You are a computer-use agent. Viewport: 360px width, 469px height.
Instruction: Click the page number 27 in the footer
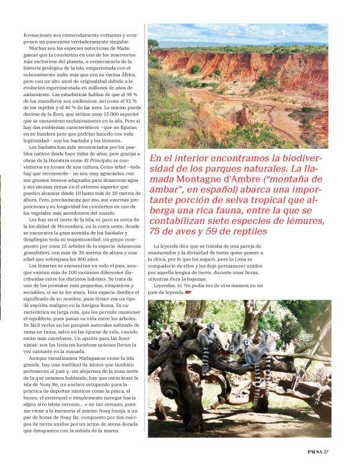[x=326, y=451]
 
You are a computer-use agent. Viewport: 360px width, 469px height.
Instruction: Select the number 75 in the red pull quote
[x=157, y=231]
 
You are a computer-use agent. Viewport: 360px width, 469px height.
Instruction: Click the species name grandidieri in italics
[x=41, y=253]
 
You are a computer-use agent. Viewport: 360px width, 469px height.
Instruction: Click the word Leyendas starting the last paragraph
[x=168, y=285]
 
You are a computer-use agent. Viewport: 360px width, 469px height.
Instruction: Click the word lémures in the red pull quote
[x=305, y=220]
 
